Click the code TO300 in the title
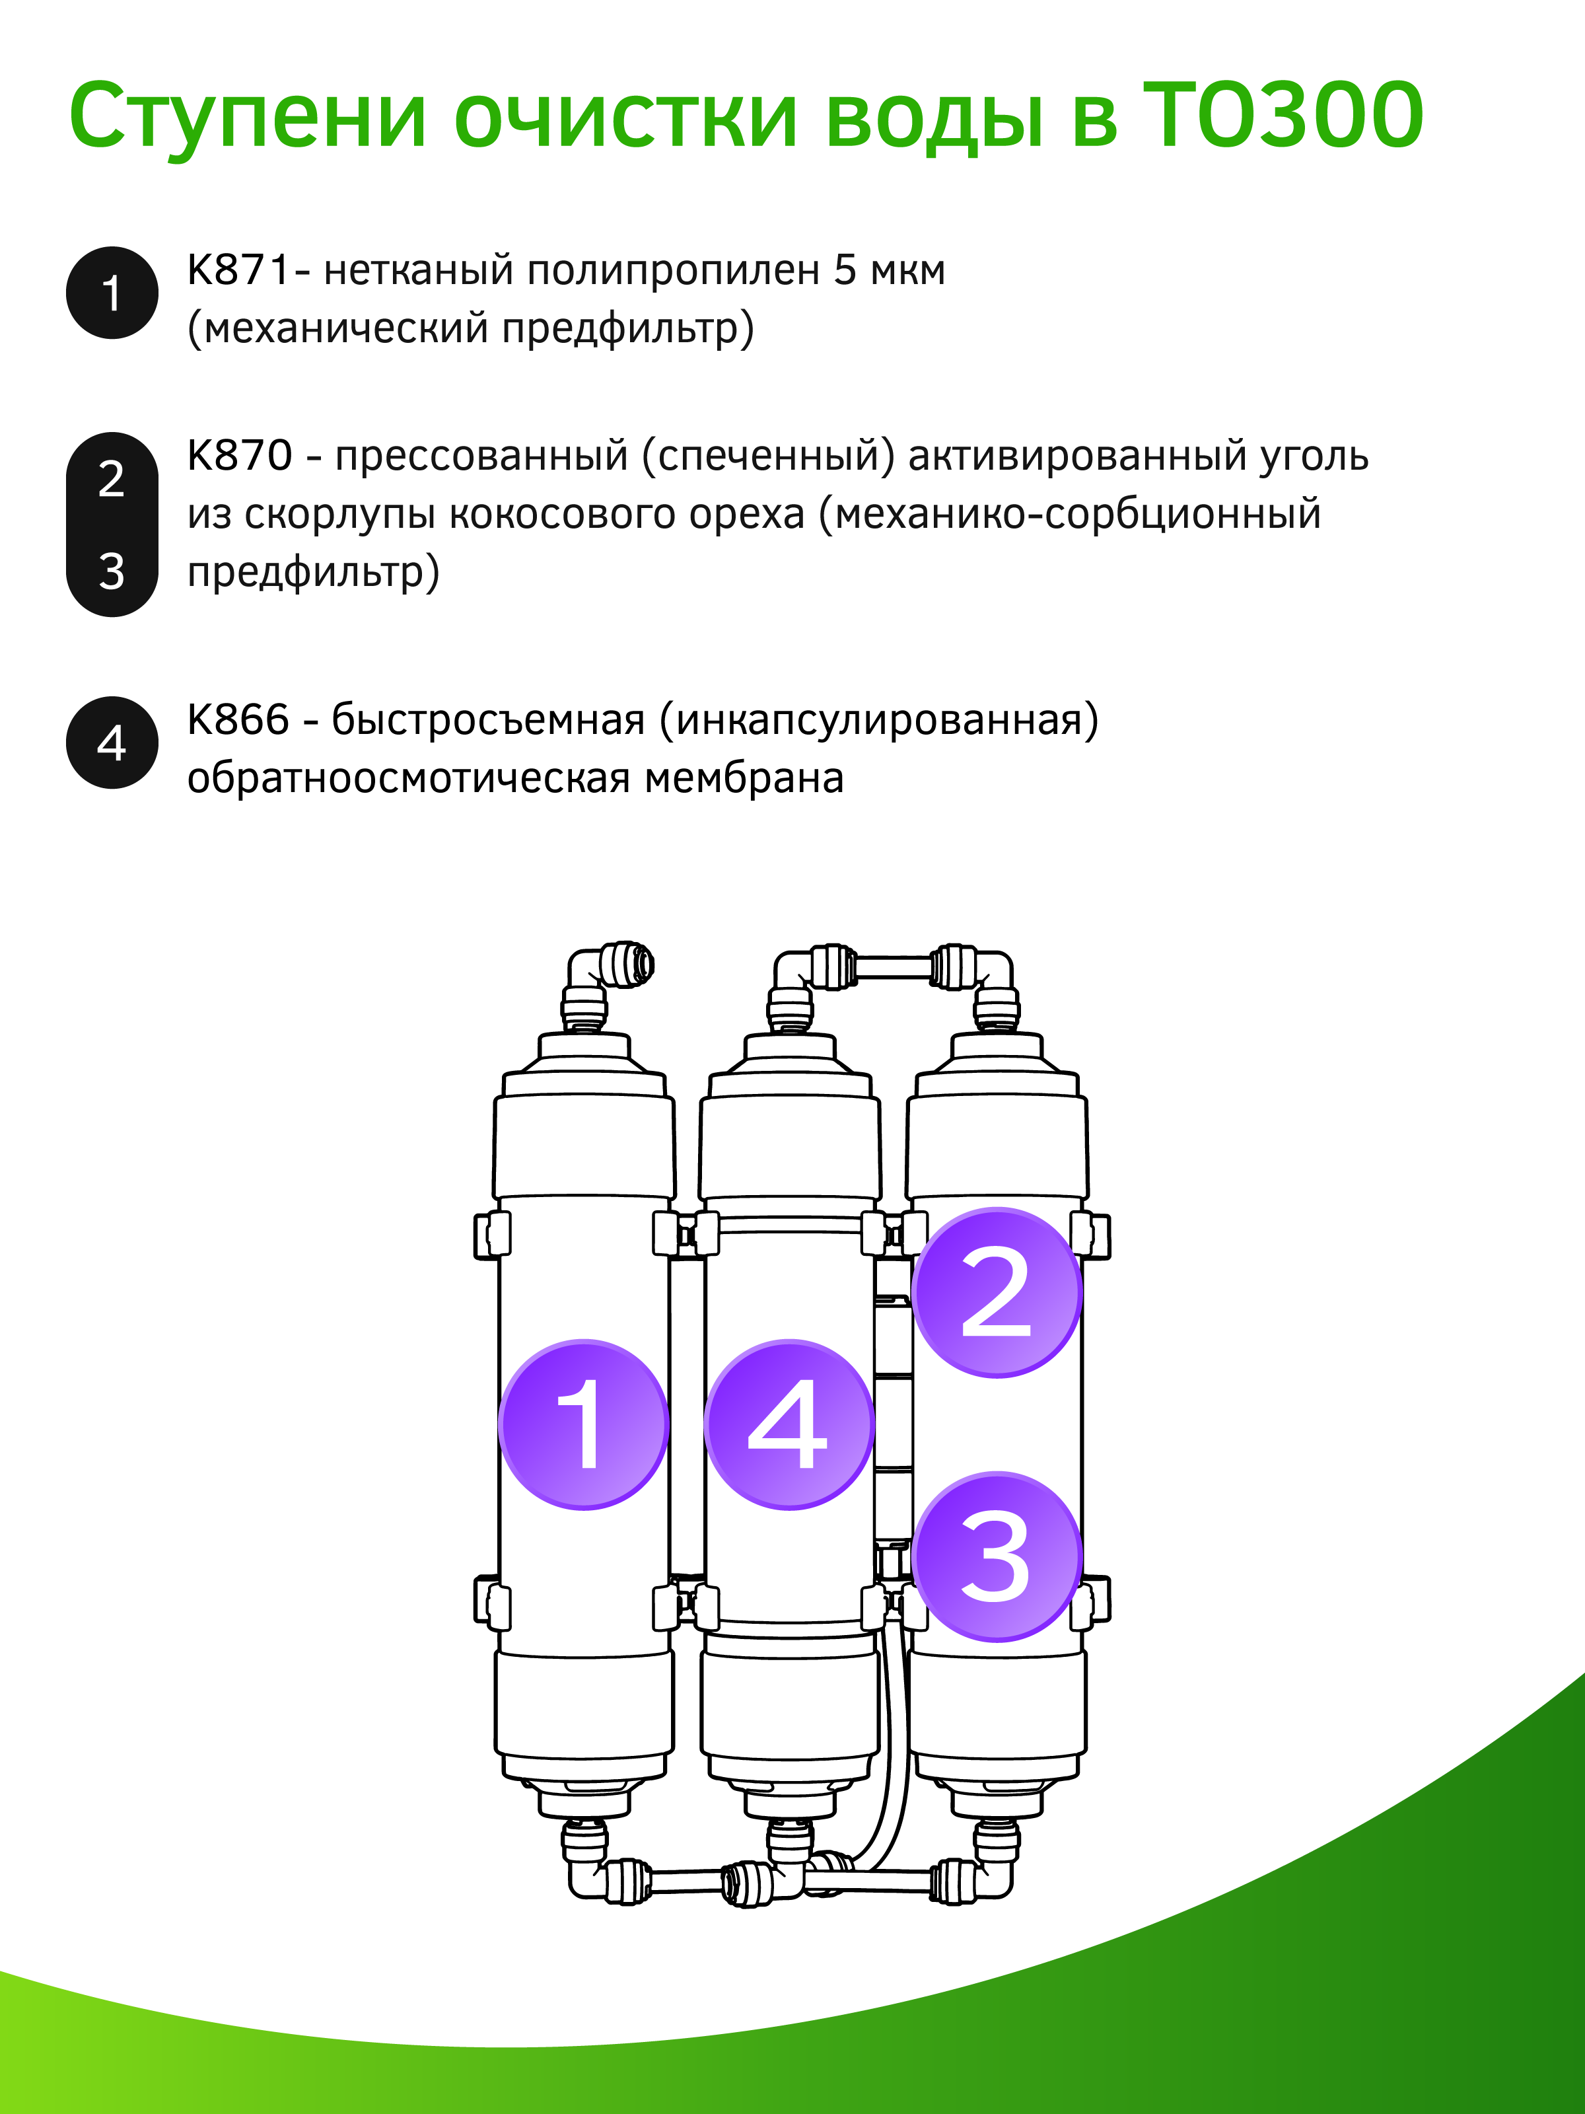1283,116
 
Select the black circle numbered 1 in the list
112,293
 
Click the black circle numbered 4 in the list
112,743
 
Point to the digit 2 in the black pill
112,478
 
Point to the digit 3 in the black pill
112,571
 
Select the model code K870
240,456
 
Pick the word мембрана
744,778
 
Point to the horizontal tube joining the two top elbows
894,966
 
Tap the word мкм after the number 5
907,272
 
